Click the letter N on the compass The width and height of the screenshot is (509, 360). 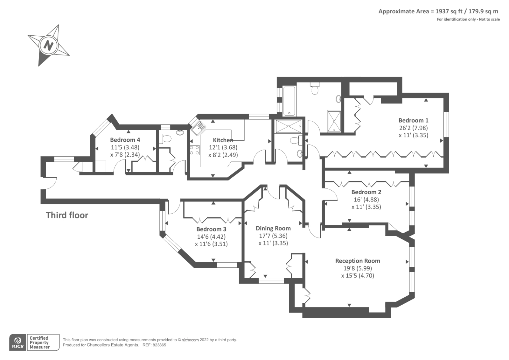coord(48,46)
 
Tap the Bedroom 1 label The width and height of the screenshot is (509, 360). coord(413,120)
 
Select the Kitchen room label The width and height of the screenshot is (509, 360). coord(223,140)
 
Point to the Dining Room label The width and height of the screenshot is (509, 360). coord(273,228)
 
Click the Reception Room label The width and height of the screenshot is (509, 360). coord(358,261)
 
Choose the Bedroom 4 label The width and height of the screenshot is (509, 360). coord(125,140)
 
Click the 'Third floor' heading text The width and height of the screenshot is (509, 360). coord(67,215)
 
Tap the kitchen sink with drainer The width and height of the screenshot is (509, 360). coord(199,128)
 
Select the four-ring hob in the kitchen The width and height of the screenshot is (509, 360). coord(195,150)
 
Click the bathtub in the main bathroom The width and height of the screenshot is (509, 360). coord(289,101)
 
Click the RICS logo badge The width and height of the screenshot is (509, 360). coord(18,342)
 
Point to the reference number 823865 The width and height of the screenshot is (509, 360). coord(159,345)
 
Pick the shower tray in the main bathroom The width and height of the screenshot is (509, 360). coord(334,121)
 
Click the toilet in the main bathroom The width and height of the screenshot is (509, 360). coord(315,89)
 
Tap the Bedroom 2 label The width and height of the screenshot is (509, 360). coord(366,192)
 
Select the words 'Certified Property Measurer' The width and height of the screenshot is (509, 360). coord(39,342)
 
